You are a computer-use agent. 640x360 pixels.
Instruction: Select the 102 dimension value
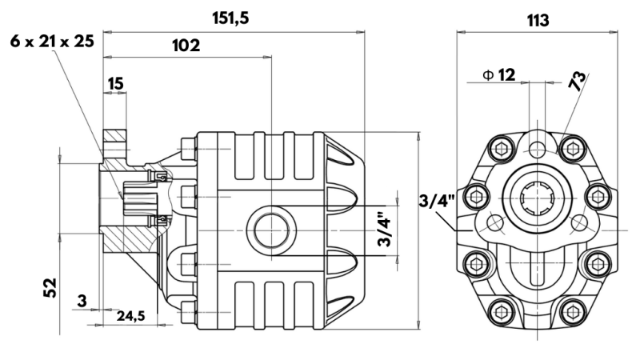186,46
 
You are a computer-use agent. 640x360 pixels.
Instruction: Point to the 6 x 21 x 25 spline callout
52,40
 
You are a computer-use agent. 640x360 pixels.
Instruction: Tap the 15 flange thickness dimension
115,82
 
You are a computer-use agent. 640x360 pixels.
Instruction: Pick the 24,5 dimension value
130,316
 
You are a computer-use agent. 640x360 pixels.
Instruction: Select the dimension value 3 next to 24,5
82,301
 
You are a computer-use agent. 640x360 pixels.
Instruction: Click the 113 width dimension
538,21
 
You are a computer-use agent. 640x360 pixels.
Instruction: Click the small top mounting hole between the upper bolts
537,148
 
